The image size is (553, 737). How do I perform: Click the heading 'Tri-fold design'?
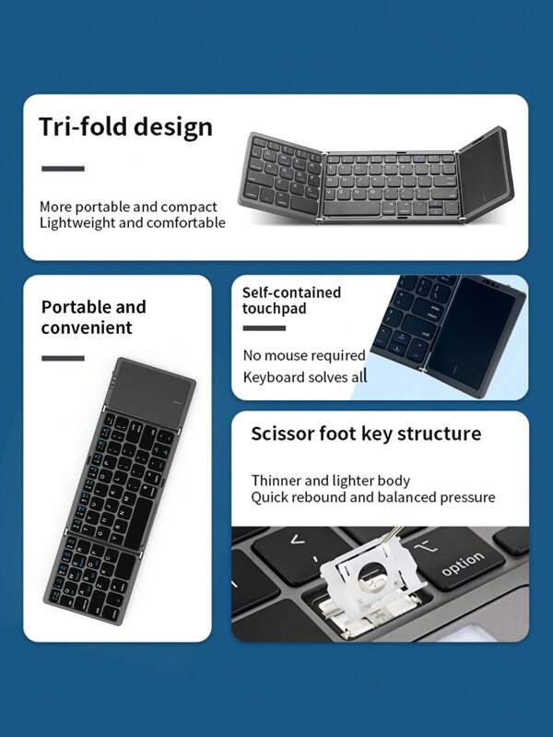tap(125, 126)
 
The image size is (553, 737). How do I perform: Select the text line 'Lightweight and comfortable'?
tap(132, 223)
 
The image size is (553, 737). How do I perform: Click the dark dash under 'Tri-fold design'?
tap(62, 169)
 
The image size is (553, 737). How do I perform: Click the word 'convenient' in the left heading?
tap(87, 327)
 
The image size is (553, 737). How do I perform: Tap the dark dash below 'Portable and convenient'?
tap(62, 358)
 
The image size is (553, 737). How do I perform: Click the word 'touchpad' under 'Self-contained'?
tap(274, 309)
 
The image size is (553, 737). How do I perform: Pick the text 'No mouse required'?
tap(304, 355)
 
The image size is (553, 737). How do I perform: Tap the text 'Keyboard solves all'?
tap(305, 376)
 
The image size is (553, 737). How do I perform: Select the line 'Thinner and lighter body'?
tap(331, 481)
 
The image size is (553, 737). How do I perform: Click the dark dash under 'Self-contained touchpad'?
tap(263, 327)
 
